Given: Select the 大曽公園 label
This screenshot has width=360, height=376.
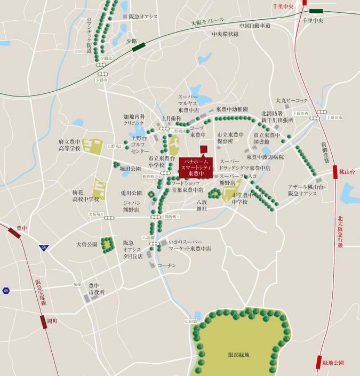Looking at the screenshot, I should (x=86, y=245).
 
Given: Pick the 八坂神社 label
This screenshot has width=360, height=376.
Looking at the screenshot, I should (x=201, y=205).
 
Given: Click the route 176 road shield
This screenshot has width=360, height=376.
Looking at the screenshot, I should (x=44, y=247).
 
